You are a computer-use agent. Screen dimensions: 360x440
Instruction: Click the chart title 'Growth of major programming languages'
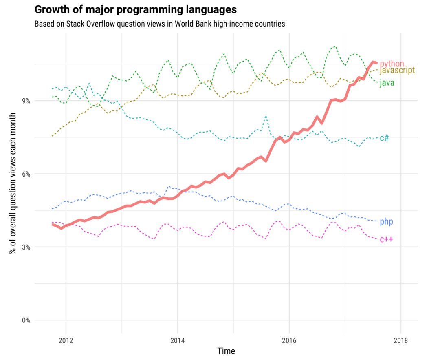pos(136,9)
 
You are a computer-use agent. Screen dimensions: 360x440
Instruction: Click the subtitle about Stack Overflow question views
pos(159,24)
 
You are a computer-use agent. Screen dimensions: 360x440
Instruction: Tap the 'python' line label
pos(392,64)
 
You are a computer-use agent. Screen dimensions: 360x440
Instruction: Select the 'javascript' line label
pos(397,71)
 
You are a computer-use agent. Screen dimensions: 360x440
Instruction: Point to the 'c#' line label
pos(384,138)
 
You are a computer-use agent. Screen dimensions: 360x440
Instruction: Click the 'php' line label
pos(386,222)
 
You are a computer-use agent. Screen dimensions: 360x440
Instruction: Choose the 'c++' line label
pos(386,239)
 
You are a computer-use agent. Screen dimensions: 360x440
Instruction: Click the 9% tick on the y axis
pos(26,101)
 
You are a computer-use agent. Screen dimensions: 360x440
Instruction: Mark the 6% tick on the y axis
pos(26,174)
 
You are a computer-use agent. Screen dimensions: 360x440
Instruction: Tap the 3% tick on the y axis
pos(26,247)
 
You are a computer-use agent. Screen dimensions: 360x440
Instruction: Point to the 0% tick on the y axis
pos(26,320)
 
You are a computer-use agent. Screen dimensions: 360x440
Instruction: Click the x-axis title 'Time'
pos(226,351)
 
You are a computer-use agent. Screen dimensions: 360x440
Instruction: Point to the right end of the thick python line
pos(376,63)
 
